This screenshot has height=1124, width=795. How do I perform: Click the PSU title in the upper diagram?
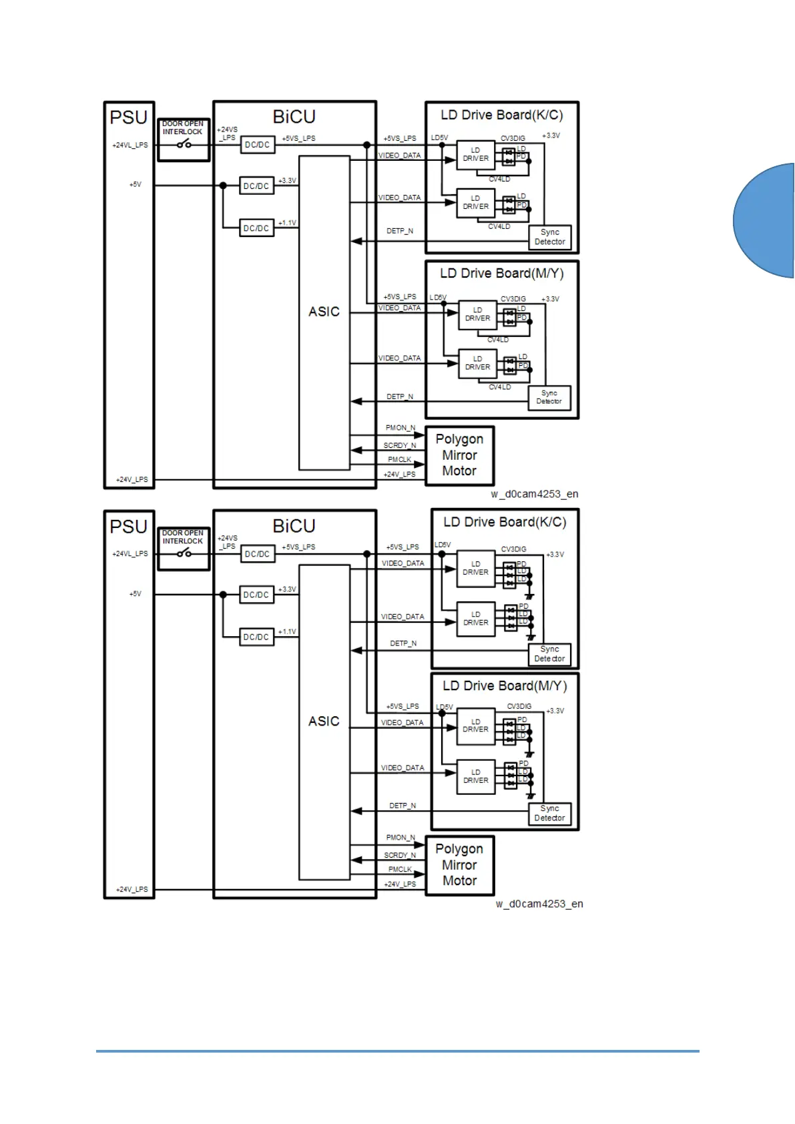point(128,117)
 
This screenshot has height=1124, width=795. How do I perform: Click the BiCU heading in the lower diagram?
point(294,526)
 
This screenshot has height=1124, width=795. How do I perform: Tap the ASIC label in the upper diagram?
point(324,312)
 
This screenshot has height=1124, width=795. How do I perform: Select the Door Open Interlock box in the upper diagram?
point(184,139)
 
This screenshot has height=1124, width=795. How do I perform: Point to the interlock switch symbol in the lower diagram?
point(184,553)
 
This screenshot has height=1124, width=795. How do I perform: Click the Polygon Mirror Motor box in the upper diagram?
point(459,455)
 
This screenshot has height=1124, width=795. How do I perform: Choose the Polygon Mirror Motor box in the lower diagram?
point(459,865)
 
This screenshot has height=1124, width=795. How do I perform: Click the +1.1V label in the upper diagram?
point(287,223)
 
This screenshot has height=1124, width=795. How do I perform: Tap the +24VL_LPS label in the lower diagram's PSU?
point(130,553)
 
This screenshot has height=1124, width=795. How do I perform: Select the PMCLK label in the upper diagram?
point(400,459)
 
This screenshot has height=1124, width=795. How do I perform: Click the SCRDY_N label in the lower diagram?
point(400,855)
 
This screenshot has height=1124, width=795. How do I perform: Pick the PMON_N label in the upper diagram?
point(400,428)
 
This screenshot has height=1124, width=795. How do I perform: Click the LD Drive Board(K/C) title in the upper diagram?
point(501,115)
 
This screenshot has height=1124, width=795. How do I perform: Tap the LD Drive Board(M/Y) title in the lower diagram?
point(505,685)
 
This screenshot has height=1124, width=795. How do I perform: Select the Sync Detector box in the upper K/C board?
point(550,237)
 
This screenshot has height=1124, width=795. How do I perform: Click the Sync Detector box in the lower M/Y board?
point(549,813)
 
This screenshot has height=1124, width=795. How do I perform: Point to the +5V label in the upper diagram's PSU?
point(136,184)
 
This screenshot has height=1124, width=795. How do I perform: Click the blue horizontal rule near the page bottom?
point(397,1051)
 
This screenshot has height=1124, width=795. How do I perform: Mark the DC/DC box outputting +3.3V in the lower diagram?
point(256,595)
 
